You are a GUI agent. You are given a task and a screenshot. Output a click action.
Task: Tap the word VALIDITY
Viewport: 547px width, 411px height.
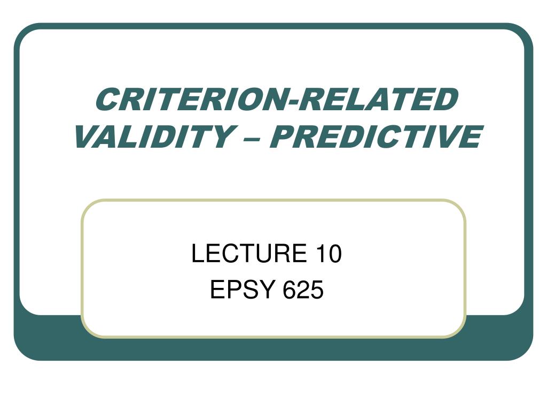(154, 136)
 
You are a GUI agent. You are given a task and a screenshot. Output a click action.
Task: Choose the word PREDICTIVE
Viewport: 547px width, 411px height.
(376, 136)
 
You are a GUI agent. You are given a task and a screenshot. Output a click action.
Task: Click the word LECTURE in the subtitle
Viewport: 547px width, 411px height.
(249, 253)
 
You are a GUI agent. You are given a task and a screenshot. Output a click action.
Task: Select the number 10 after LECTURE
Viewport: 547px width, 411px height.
(329, 253)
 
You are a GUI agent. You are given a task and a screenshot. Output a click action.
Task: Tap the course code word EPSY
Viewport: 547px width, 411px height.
(243, 290)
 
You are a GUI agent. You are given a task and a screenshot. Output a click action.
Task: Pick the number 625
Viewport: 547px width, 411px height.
(303, 290)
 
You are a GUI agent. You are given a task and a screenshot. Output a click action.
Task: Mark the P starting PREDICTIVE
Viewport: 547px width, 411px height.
(283, 136)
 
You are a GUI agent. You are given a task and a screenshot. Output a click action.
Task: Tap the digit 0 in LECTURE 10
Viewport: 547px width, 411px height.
(334, 253)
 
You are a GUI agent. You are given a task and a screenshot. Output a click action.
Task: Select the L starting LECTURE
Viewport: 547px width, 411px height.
(198, 253)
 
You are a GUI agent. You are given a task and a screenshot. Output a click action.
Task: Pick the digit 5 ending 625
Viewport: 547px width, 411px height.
(317, 290)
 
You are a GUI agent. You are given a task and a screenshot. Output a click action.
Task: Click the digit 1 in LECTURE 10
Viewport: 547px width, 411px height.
(321, 253)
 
